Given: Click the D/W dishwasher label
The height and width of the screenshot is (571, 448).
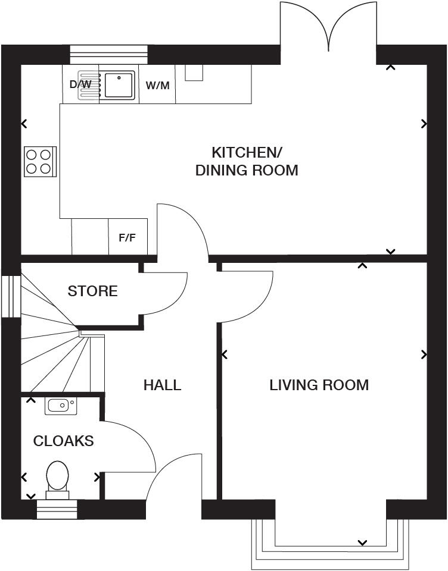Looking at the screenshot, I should (80, 84).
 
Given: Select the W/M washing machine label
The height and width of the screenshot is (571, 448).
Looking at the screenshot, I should (158, 85).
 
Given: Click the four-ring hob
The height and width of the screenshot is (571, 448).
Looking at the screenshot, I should (39, 161).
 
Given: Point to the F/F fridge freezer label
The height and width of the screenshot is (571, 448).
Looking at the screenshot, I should (127, 238).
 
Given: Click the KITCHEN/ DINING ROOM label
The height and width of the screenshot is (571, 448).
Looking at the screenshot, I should (247, 161).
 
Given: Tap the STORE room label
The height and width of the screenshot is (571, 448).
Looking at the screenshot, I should (92, 291).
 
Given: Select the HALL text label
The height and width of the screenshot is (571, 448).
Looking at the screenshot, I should (162, 385).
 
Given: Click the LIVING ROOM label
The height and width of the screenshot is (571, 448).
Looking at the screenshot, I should (319, 385).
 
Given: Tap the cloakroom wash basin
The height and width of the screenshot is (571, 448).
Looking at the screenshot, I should (59, 406).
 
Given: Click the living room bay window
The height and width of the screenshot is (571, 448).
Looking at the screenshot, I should (331, 544).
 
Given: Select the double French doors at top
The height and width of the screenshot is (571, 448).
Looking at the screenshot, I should (328, 30).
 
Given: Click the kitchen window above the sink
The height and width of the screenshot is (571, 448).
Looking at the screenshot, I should (108, 54).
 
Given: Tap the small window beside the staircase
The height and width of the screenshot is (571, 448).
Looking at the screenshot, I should (10, 296).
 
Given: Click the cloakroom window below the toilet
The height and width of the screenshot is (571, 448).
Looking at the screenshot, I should (57, 509).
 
